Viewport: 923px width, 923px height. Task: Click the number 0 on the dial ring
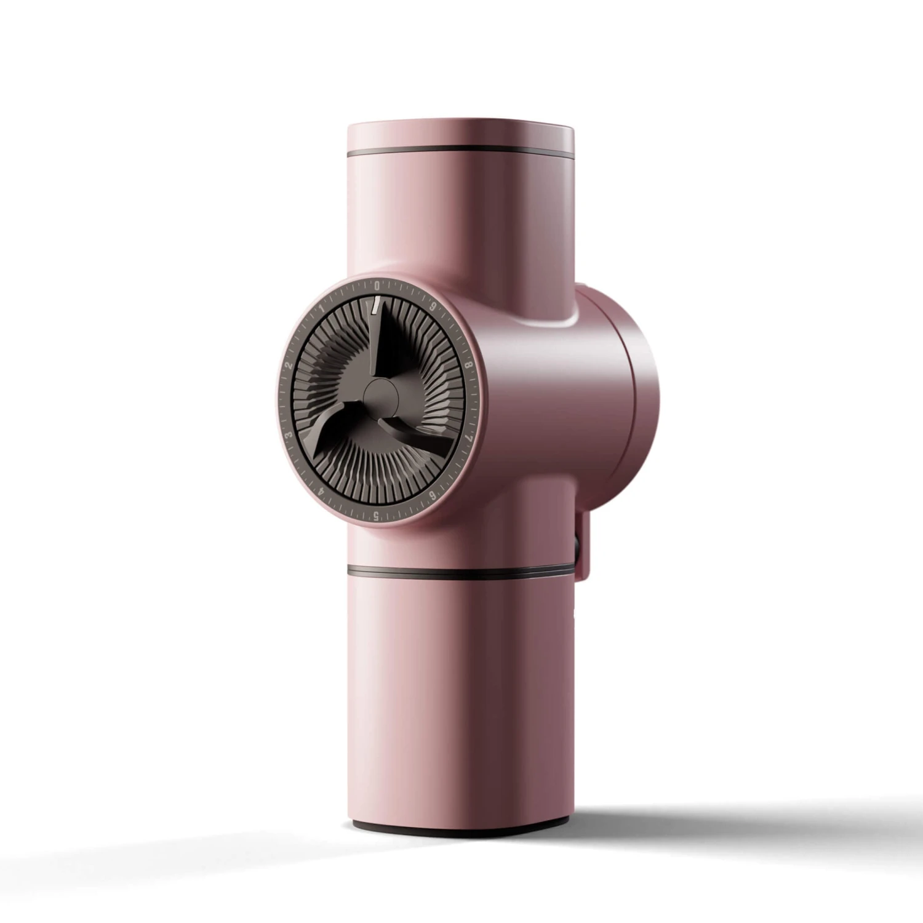[377, 285]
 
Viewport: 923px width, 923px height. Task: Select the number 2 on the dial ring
[287, 365]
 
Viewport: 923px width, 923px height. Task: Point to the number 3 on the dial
[287, 436]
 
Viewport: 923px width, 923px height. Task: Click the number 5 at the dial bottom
[375, 516]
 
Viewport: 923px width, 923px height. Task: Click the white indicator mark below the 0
[374, 305]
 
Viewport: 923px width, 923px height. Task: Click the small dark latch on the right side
[579, 548]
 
